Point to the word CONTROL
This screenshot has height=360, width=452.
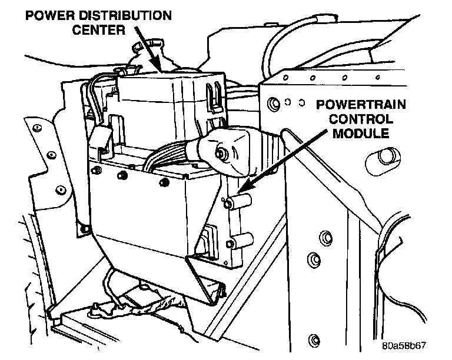360,119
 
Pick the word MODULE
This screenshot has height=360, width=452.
360,134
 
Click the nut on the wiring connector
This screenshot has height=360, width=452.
222,155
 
